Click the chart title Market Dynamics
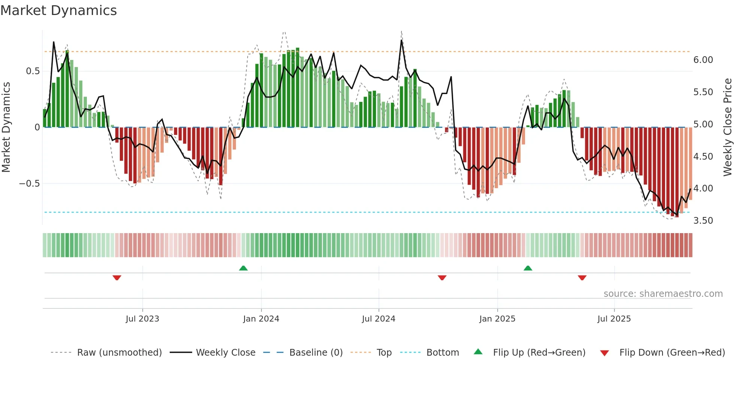tap(59, 10)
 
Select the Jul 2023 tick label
tap(142, 319)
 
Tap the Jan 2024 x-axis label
tap(261, 319)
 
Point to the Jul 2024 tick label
tap(379, 319)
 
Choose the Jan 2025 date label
tap(497, 319)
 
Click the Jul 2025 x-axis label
tap(614, 319)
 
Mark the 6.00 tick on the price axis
tap(703, 60)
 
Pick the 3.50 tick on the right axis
tap(703, 221)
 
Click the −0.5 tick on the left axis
tap(29, 184)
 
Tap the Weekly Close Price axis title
tap(728, 127)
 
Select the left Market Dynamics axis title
tap(6, 127)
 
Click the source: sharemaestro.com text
tap(663, 294)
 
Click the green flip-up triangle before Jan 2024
tap(243, 268)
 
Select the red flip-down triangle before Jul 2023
tap(117, 278)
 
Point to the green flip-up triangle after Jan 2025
tap(528, 268)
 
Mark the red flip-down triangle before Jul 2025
tap(582, 278)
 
